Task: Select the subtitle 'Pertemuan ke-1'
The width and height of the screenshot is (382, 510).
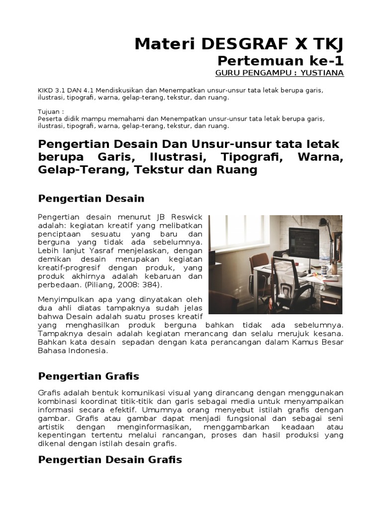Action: click(281, 61)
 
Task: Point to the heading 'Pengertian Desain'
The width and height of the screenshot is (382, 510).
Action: click(91, 199)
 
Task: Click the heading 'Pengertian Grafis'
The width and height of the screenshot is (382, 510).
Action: click(89, 376)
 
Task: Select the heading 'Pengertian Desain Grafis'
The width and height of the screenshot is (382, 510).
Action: click(110, 459)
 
